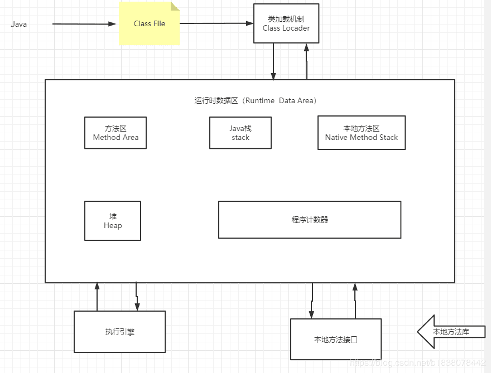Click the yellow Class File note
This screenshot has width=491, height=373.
click(x=149, y=24)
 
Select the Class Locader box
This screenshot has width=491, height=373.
click(x=286, y=23)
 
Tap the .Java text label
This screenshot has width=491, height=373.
click(x=18, y=24)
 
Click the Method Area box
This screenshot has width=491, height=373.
click(x=115, y=133)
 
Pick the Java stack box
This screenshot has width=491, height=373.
click(x=240, y=133)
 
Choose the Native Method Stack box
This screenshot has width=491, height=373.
click(x=362, y=133)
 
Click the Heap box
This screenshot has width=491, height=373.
click(x=113, y=221)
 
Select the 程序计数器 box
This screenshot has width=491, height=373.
click(x=310, y=220)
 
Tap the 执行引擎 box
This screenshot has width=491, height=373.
click(x=120, y=332)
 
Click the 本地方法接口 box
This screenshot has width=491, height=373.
click(x=336, y=339)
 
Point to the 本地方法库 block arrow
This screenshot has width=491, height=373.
click(x=451, y=332)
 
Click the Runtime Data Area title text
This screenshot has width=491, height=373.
click(x=256, y=100)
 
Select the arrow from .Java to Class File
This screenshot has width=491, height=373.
click(x=84, y=24)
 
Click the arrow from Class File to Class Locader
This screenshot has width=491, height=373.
click(x=216, y=23)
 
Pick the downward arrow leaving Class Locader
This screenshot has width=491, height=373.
click(x=273, y=61)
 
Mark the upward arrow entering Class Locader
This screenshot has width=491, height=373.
click(x=306, y=61)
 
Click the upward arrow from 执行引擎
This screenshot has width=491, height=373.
click(x=97, y=297)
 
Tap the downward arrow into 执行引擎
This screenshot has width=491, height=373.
click(x=137, y=297)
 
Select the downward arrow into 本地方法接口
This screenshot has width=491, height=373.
click(x=312, y=301)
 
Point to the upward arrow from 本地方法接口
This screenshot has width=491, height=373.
click(x=354, y=301)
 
